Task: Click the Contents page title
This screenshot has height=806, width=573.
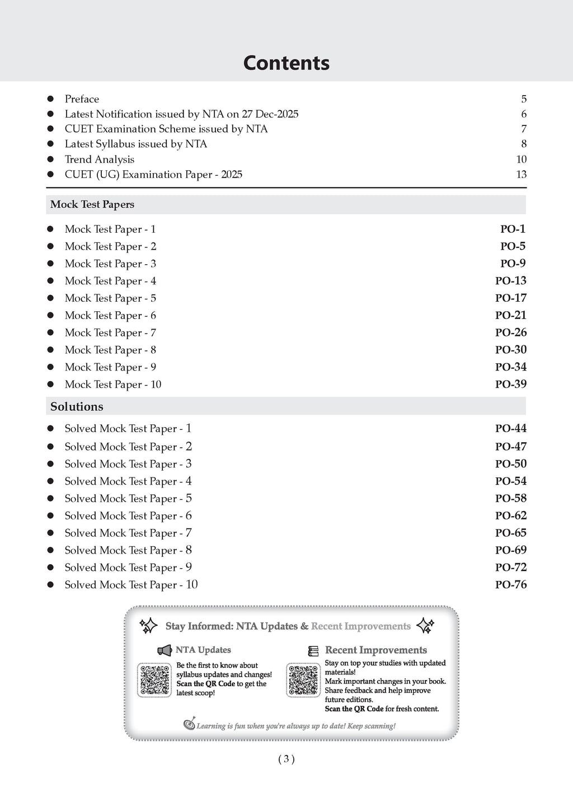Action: pos(286,63)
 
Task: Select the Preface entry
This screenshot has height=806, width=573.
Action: pos(82,99)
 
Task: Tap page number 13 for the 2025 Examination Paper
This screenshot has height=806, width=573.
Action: pos(521,175)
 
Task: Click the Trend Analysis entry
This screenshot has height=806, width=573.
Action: pos(100,160)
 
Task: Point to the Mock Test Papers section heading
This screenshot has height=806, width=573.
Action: pos(92,204)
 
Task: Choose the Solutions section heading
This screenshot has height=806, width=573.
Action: pos(77,407)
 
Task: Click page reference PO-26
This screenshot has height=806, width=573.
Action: pos(511,332)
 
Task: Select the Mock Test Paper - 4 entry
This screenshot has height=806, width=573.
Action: pos(110,281)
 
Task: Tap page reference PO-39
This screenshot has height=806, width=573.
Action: pos(511,385)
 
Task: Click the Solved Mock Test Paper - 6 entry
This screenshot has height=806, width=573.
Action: pos(128,516)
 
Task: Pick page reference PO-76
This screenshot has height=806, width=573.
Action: pos(511,585)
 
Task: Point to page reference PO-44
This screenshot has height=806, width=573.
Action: pos(511,429)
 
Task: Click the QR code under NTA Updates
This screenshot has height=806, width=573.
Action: pos(154,680)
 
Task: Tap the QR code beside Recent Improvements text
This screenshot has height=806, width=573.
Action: pos(303,680)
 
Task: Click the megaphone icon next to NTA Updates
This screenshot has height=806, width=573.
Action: pos(165,650)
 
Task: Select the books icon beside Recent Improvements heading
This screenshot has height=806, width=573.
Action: pos(313,651)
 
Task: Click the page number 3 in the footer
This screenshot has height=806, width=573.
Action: pos(286,760)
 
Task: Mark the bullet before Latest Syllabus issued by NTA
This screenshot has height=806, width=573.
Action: pos(50,144)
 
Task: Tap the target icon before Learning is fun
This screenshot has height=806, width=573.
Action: pos(190,724)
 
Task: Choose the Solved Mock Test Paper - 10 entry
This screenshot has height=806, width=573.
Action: pos(131,585)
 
